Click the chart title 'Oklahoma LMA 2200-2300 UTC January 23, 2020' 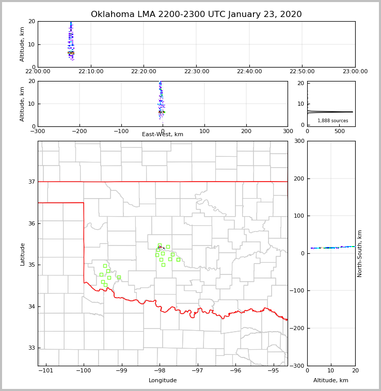point(196,14)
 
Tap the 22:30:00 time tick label point(197,72)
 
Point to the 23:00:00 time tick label point(355,72)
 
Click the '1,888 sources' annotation point(332,121)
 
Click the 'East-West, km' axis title point(163,135)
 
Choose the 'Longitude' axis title point(163,381)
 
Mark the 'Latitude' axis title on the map point(23,254)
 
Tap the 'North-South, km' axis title point(360,253)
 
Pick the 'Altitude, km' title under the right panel point(331,381)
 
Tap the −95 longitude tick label point(274,371)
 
